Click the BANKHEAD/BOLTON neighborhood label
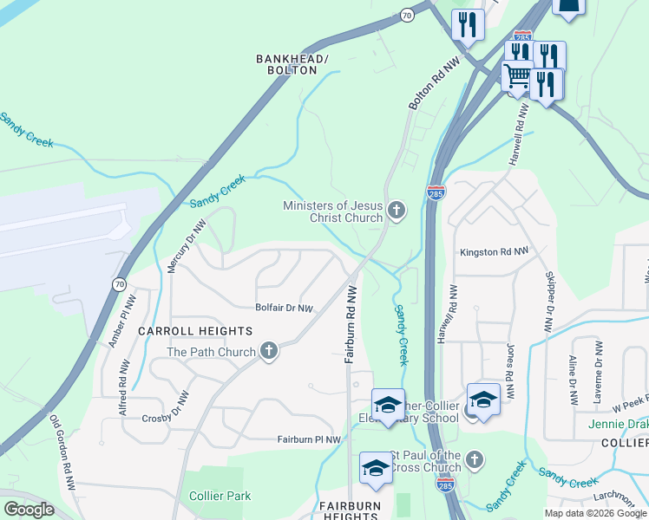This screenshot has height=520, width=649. (292, 64)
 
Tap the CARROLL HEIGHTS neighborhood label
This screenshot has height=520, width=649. (195, 331)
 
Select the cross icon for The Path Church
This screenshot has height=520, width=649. (269, 351)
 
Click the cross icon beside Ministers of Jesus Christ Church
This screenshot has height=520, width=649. (397, 210)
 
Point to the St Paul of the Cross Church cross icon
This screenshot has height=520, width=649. (474, 459)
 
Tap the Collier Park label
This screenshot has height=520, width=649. (220, 496)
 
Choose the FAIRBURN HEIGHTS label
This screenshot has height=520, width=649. (349, 510)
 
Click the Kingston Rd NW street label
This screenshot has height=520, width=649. (493, 252)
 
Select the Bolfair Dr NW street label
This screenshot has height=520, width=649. (284, 308)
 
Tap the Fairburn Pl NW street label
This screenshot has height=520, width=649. (310, 440)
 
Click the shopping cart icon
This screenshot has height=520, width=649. (517, 76)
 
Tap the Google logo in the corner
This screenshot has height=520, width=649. (29, 510)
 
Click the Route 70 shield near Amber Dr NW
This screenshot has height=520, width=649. (119, 283)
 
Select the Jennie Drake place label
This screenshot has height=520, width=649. (618, 424)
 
